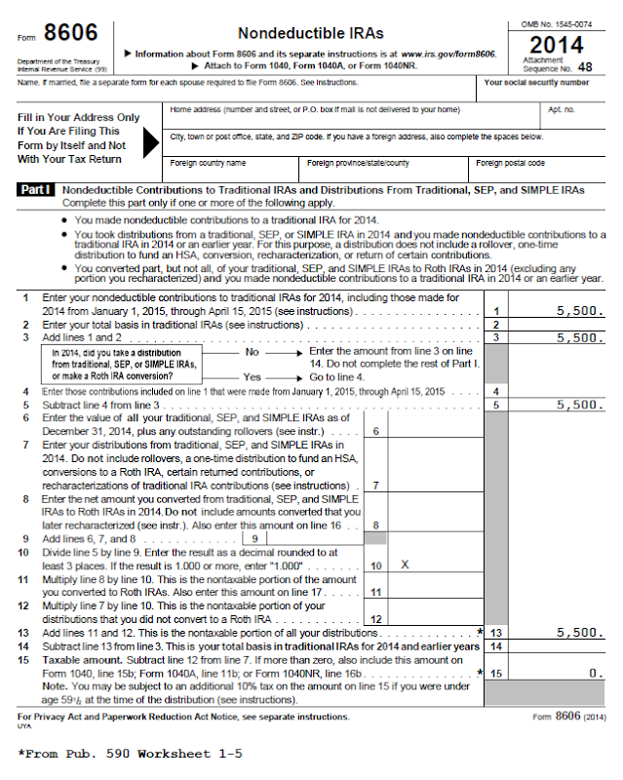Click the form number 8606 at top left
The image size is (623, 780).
(70, 34)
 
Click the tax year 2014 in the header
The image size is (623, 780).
(557, 45)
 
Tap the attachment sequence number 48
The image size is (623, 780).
(585, 67)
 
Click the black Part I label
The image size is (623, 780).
(36, 190)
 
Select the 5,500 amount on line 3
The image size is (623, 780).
(580, 338)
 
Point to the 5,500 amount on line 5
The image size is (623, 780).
(580, 404)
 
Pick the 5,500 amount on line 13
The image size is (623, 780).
(580, 633)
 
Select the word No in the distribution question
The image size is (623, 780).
(253, 351)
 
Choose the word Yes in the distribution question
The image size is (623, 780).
(253, 376)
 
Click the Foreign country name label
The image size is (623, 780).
(208, 163)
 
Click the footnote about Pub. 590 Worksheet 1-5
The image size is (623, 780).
(130, 754)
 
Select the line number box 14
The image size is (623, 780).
(496, 646)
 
